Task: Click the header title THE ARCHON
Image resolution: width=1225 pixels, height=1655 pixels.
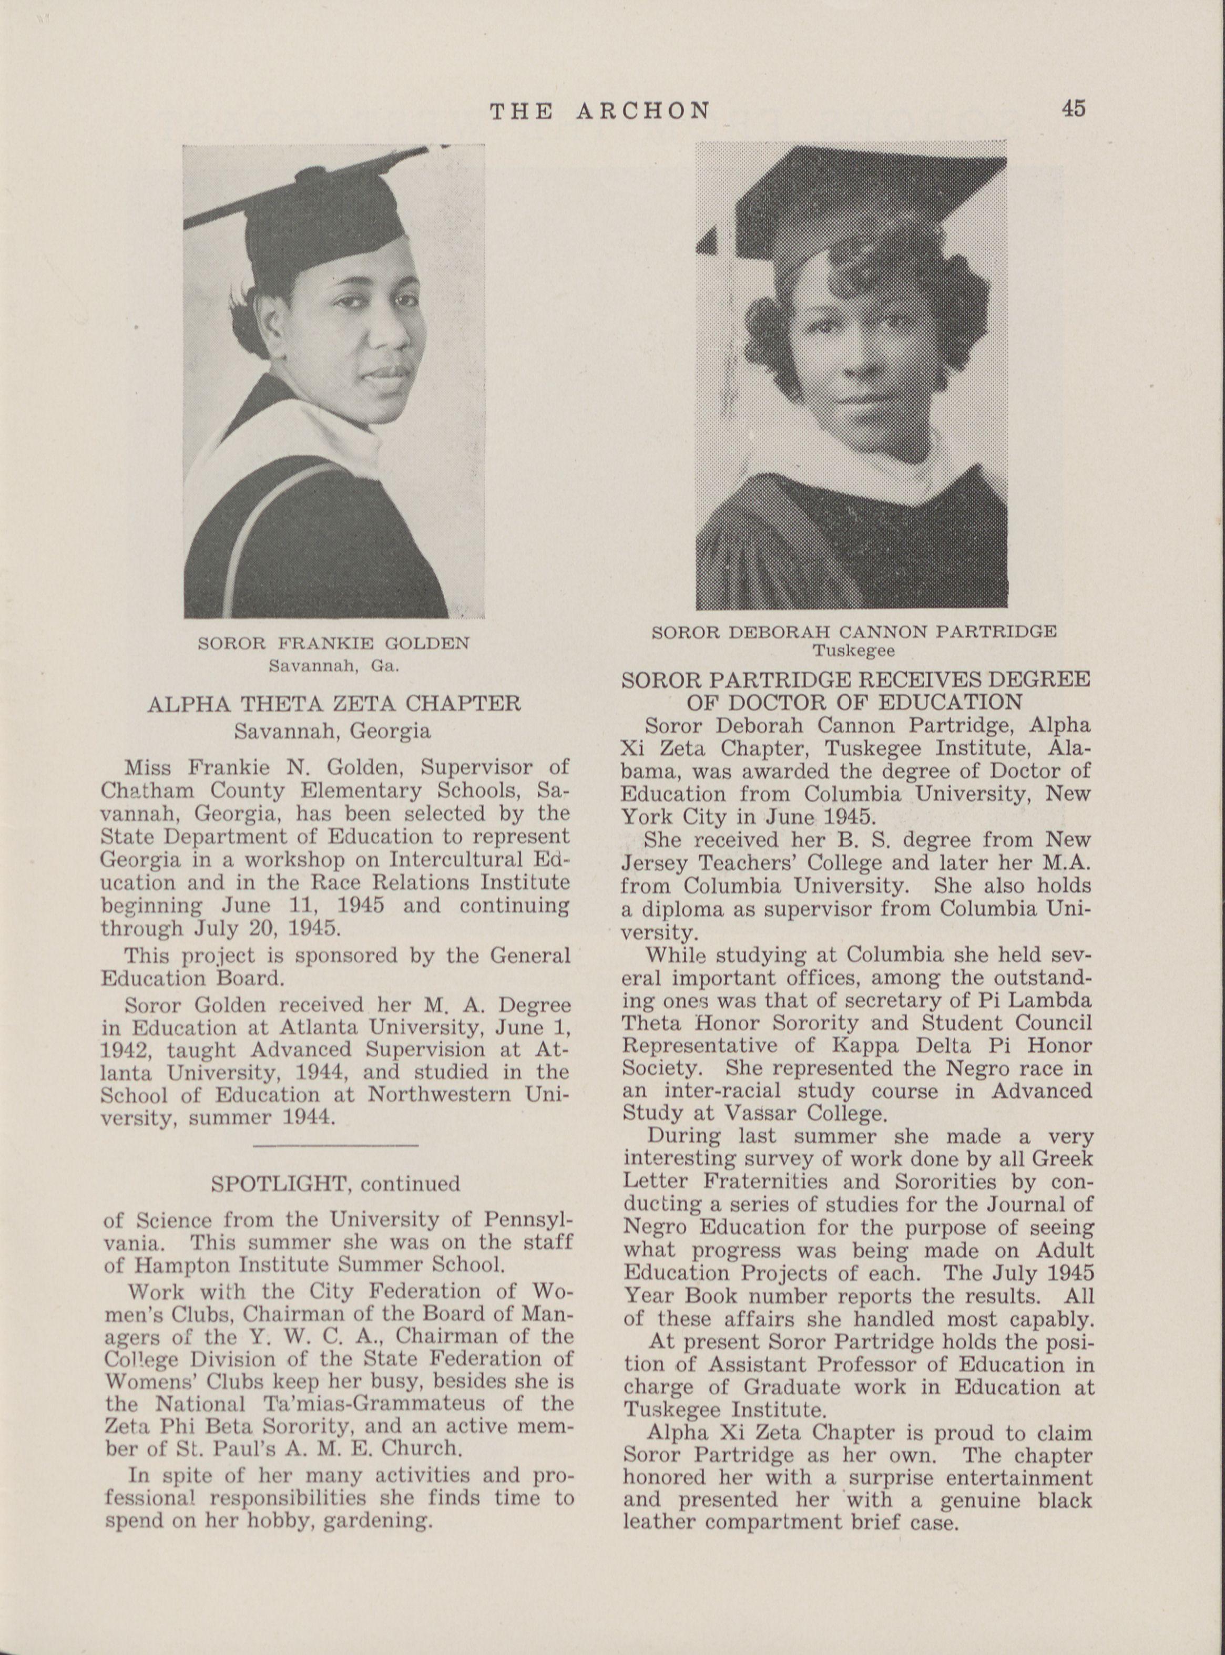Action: click(x=600, y=111)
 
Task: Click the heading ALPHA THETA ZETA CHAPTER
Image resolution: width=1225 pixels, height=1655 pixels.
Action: click(x=334, y=703)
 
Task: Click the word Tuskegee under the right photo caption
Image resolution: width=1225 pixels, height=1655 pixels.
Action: click(x=853, y=652)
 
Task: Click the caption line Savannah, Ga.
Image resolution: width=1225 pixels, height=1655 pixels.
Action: click(x=334, y=665)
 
